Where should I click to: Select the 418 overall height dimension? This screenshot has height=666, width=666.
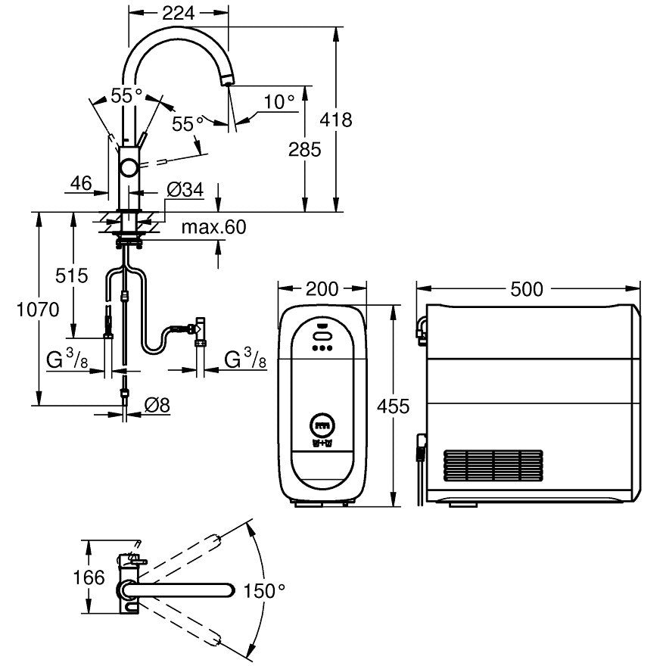pos(336,120)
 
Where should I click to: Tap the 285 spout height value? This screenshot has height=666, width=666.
pos(304,150)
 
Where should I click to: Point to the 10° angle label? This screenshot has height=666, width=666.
pos(279,102)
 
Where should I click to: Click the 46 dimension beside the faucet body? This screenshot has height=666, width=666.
pos(81,183)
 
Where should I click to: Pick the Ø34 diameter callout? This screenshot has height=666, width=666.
pos(185,189)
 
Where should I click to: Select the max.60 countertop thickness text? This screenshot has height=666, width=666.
pos(213,227)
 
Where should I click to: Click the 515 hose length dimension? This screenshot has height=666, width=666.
pos(71,275)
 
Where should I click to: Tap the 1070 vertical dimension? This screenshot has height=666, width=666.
pos(38,310)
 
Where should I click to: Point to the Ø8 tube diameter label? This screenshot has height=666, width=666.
pos(157,405)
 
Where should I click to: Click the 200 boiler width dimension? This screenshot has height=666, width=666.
pos(322,289)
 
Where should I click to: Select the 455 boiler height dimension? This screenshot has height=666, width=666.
pos(394,406)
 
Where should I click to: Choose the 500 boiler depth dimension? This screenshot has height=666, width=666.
pos(527,289)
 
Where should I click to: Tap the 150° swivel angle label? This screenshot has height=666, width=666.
pos(264,591)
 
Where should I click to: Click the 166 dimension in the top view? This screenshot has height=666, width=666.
pos(89,577)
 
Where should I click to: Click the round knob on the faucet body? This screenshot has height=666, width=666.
pos(128,167)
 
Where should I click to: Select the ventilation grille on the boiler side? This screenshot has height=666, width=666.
pos(493,465)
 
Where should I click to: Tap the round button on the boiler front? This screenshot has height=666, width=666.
pos(322,425)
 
